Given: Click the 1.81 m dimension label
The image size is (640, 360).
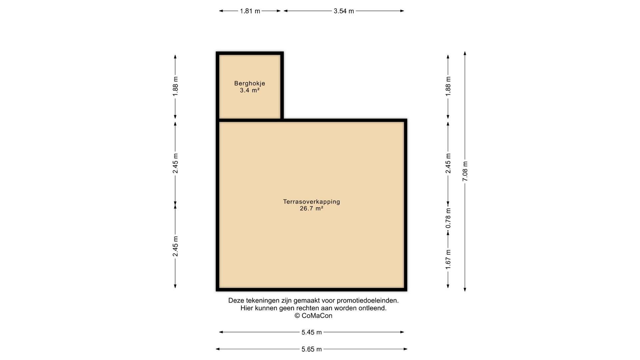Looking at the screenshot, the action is coord(250,11).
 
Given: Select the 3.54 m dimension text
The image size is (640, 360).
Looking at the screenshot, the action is coord(344,11).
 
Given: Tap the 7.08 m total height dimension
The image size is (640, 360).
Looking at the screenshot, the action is coord(465,171).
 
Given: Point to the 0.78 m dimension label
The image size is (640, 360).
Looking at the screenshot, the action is coord(448,218).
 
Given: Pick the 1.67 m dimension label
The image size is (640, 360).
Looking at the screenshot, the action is coord(448,260).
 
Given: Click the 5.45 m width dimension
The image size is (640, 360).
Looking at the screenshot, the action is coord(312,332).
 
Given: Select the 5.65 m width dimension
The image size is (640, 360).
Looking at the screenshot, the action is coord(312,349).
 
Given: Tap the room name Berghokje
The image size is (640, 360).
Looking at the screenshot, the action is coord(250,83).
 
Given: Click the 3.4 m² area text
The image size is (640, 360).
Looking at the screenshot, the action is coord(250,90).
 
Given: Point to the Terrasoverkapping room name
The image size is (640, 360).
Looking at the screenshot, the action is coord(312,202).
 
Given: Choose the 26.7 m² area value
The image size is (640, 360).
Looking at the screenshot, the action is coord(312,209).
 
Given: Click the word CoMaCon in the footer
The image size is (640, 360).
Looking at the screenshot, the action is coord(317,316).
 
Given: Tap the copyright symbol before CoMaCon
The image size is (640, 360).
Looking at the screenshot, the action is coord(297,316).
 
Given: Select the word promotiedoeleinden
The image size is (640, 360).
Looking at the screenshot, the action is coord(368,301).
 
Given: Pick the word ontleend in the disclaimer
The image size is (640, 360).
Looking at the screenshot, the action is coord(372,308).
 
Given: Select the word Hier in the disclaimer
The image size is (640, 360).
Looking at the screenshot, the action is coord(247,308).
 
